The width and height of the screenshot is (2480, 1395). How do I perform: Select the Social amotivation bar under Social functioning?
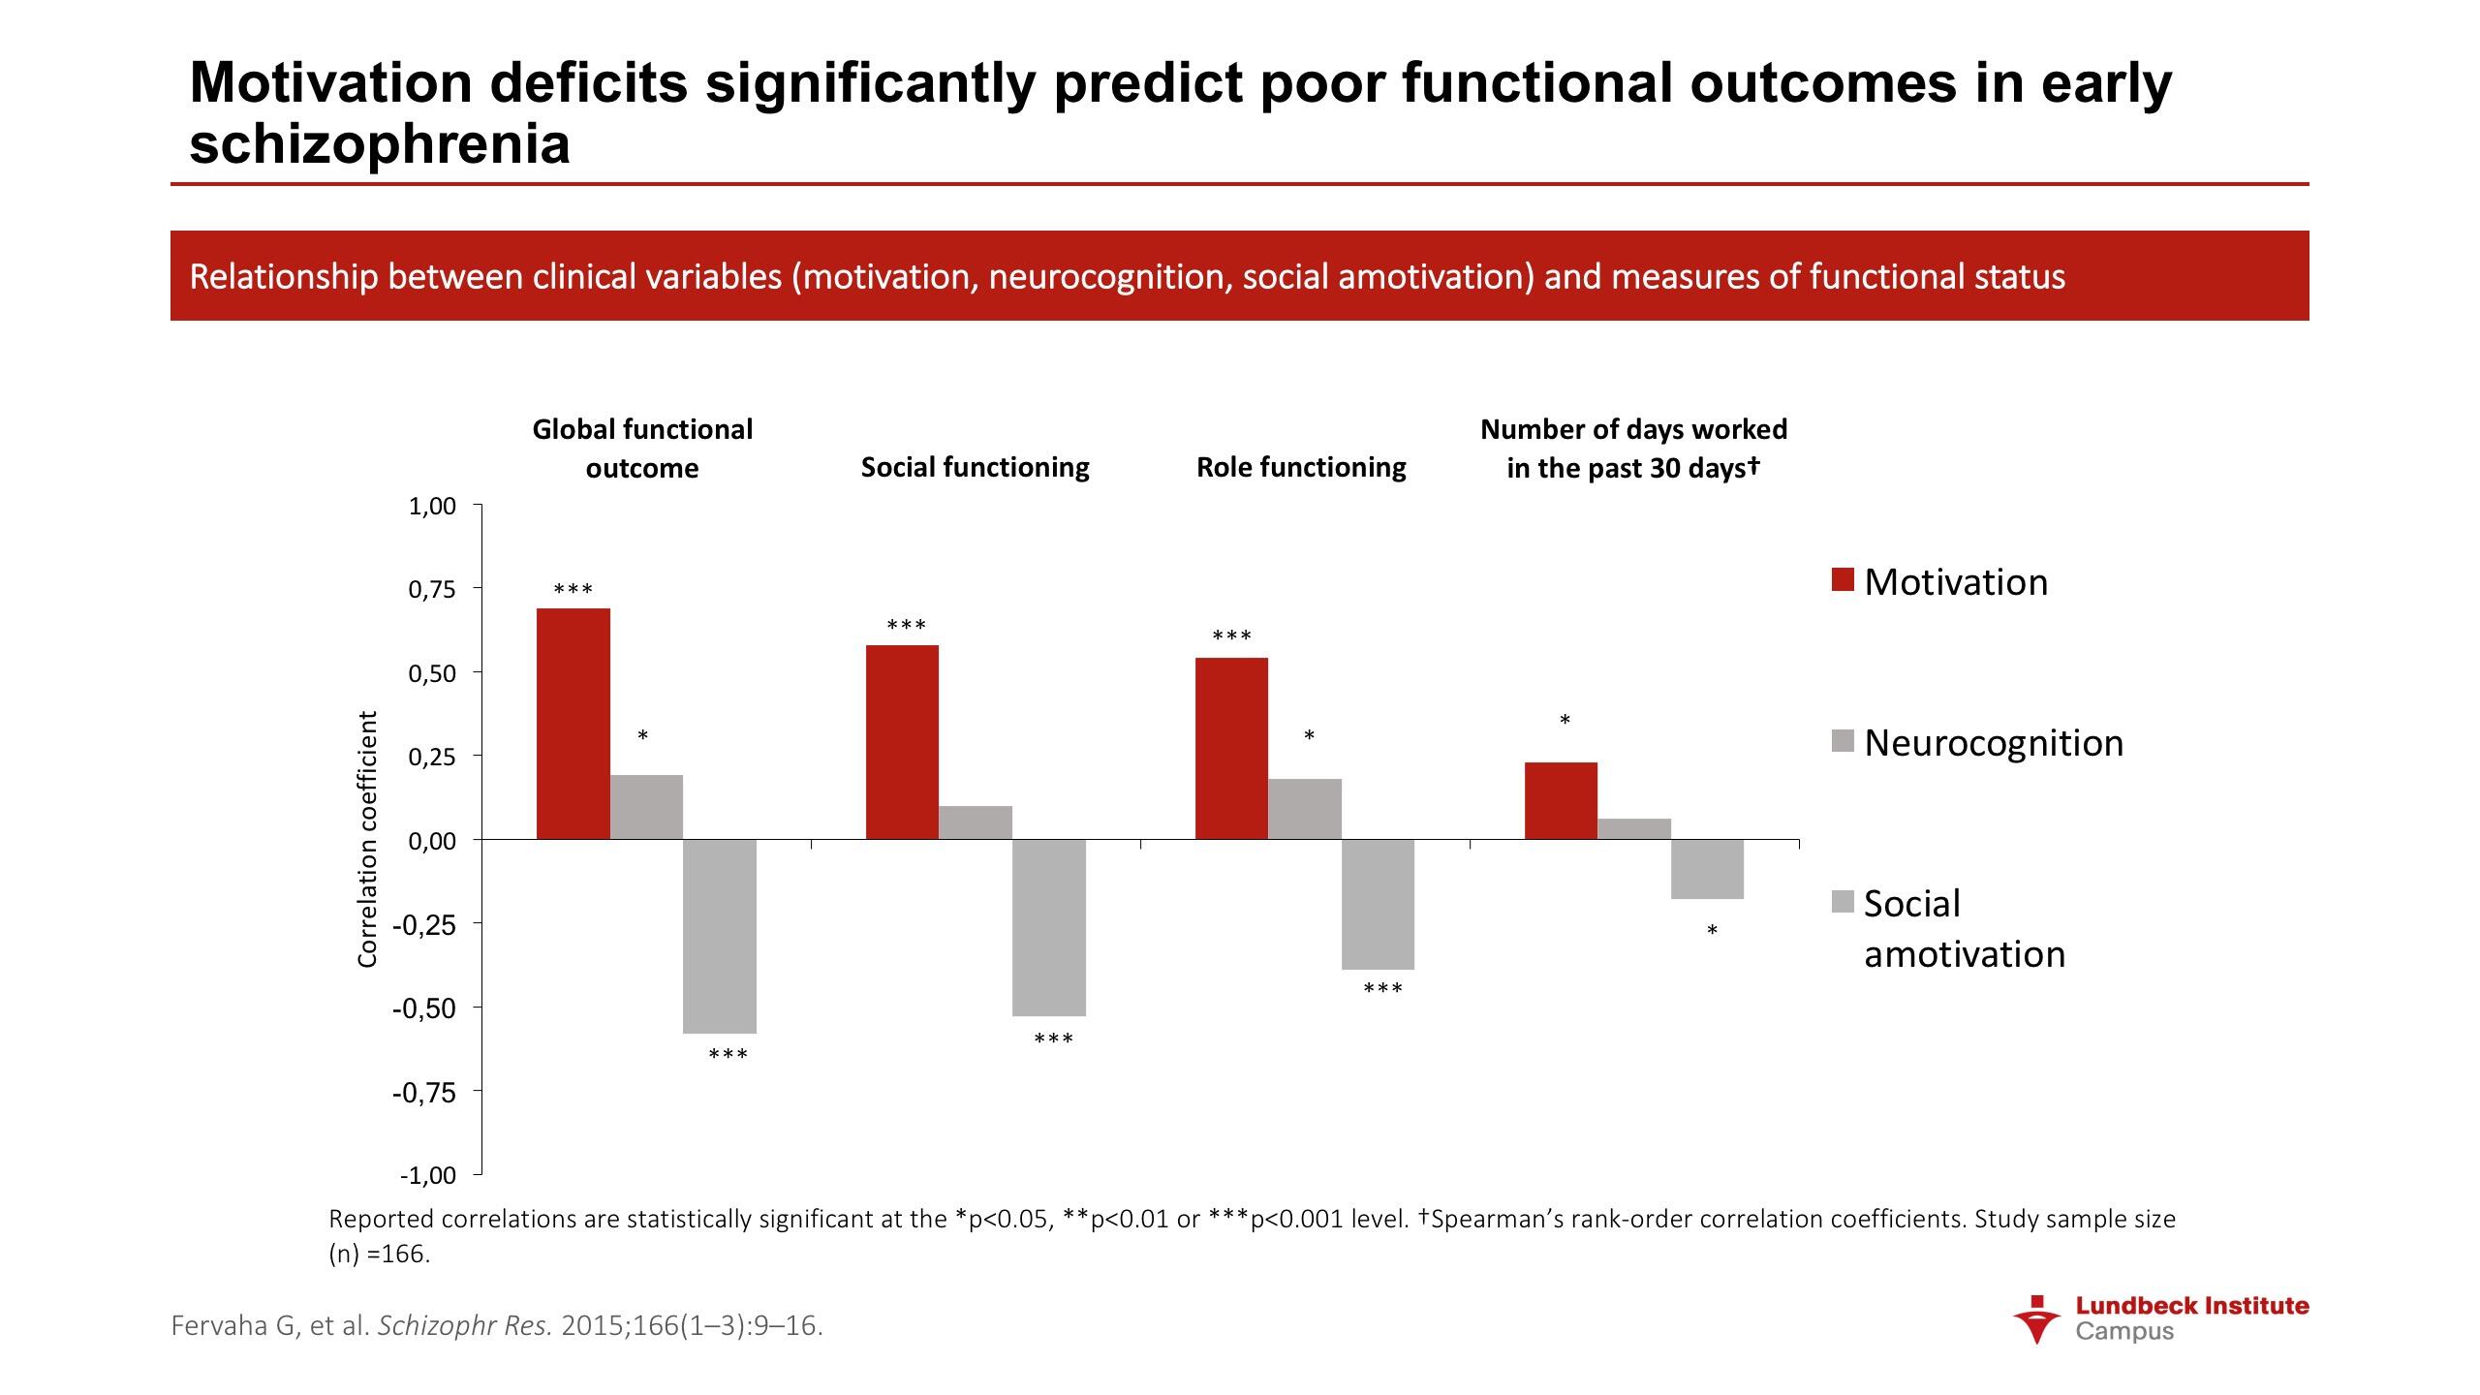[x=1048, y=927]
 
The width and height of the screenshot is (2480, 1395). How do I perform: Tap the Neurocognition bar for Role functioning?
[x=1304, y=808]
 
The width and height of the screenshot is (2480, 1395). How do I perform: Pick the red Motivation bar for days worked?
[x=1561, y=800]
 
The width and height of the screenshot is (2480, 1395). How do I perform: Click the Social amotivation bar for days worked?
[x=1707, y=869]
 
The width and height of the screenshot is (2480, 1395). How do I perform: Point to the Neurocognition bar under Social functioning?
[x=975, y=821]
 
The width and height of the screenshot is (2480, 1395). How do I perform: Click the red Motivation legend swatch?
[x=1843, y=580]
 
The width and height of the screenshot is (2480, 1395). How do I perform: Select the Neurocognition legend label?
[x=1994, y=743]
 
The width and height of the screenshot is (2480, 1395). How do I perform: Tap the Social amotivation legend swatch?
[x=1843, y=902]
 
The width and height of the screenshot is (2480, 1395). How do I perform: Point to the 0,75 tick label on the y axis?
[x=431, y=589]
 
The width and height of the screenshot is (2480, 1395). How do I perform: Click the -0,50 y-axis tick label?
[x=423, y=1008]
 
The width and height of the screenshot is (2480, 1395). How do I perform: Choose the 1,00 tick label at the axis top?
[x=431, y=506]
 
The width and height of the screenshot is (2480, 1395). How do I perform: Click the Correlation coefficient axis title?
[x=367, y=839]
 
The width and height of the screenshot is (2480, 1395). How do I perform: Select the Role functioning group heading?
[x=1301, y=467]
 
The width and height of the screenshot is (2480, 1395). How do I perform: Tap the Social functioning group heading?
[x=975, y=467]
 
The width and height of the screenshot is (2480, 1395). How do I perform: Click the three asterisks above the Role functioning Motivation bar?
[x=1231, y=636]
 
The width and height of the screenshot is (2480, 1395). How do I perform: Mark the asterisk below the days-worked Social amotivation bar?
[x=1712, y=931]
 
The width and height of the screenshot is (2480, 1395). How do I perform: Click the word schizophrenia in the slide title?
[x=380, y=144]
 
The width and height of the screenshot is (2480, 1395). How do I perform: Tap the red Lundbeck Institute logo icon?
[x=2037, y=1318]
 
